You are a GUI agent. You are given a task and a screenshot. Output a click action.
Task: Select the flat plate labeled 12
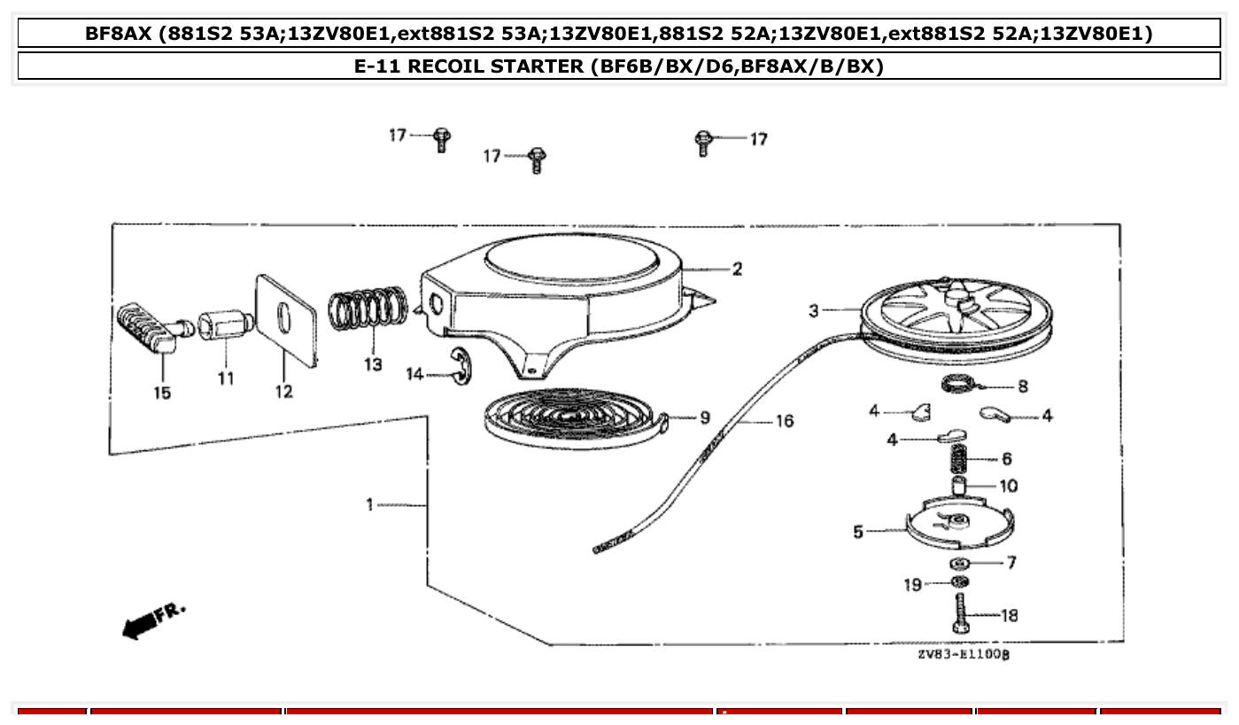click(285, 318)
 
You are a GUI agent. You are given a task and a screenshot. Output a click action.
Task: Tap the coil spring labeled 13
click(369, 311)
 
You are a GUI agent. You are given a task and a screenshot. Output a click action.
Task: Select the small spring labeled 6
click(959, 459)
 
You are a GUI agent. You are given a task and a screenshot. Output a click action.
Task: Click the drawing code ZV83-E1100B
click(964, 655)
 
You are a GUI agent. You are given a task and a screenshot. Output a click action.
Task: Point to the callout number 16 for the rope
click(785, 421)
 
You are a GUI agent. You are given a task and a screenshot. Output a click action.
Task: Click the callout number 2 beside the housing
click(737, 269)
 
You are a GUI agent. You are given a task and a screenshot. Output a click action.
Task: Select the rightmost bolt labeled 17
click(703, 142)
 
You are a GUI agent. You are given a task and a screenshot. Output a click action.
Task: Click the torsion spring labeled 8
click(956, 386)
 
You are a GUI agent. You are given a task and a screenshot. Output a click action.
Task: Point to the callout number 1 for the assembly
click(370, 505)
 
